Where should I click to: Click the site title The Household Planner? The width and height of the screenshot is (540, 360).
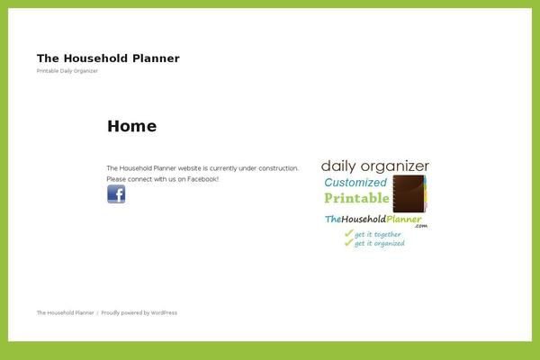108,58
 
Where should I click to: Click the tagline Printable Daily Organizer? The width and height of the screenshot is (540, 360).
67,71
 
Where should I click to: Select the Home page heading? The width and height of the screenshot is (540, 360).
131,126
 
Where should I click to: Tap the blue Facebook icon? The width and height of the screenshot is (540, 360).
116,194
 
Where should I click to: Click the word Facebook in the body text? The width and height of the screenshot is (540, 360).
202,179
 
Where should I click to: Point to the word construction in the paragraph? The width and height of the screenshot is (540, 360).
277,168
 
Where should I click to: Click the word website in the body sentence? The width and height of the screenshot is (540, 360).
189,168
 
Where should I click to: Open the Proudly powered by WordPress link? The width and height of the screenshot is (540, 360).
139,313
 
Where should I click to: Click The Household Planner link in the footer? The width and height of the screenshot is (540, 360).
66,313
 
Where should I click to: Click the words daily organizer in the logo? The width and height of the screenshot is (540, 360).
374,166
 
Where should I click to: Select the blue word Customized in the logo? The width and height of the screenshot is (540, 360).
355,183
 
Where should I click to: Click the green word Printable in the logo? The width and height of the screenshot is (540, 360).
356,198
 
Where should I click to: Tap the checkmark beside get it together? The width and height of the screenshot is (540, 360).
347,234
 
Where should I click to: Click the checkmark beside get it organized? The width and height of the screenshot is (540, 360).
347,243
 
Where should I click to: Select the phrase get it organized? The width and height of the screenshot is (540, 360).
379,243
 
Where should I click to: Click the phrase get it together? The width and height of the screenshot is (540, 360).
378,234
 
